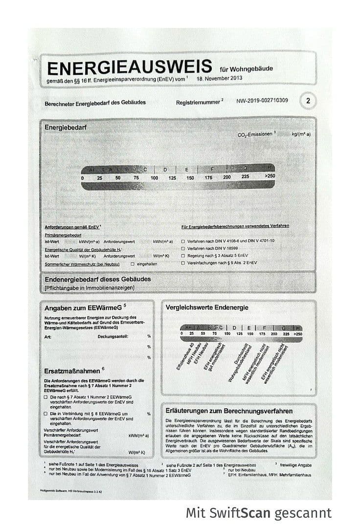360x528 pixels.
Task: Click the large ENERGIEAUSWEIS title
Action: [129, 67]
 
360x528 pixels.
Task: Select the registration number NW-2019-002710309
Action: [262, 101]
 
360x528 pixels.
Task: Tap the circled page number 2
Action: [308, 101]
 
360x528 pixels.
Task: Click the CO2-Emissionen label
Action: [256, 133]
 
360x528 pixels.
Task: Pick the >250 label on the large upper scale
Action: [270, 176]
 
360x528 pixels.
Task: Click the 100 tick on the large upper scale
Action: [154, 177]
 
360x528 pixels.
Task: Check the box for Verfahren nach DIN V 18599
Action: [183, 248]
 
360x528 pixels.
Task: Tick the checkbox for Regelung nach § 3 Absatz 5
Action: [183, 256]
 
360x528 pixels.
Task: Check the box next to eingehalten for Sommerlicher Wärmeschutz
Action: [132, 264]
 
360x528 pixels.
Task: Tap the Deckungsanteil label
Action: [113, 336]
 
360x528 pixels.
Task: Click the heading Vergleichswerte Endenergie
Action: [207, 308]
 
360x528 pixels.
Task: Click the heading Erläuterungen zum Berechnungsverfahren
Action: [229, 411]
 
